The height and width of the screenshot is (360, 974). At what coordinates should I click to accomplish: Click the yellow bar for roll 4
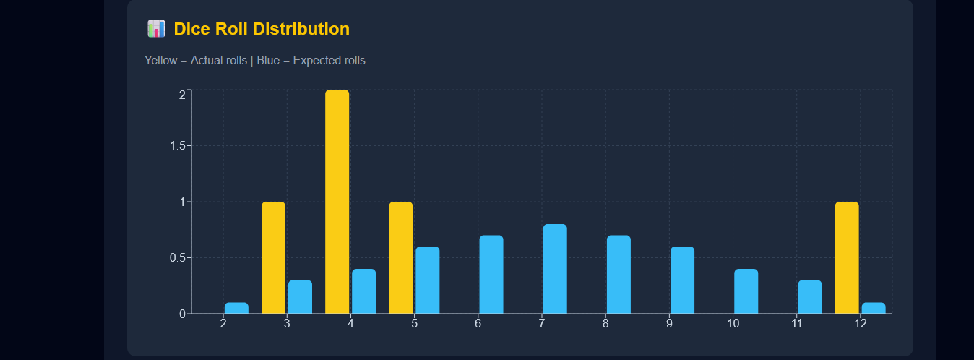click(x=337, y=202)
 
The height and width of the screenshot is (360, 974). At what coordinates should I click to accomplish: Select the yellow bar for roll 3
click(x=273, y=257)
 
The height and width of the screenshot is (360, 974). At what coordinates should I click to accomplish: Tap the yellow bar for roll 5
click(x=400, y=257)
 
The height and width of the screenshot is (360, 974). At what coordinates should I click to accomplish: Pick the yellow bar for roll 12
click(x=846, y=257)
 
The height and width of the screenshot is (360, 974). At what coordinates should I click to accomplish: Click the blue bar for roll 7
click(x=555, y=269)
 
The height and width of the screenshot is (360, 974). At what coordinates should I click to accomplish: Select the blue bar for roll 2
click(x=236, y=308)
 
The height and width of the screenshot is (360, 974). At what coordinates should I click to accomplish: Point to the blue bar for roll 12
click(x=873, y=308)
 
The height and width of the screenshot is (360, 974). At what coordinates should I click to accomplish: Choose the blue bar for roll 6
click(x=491, y=275)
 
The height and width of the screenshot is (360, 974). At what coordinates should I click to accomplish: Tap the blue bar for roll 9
click(x=682, y=280)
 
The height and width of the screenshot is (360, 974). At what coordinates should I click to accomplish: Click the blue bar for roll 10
click(x=746, y=291)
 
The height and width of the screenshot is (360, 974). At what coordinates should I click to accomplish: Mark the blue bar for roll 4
click(x=363, y=291)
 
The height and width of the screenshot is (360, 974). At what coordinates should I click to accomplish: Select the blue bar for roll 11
click(x=809, y=297)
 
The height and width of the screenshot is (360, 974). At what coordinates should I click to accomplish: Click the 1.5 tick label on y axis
click(x=176, y=146)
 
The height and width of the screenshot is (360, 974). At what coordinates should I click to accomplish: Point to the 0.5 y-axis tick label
click(x=176, y=258)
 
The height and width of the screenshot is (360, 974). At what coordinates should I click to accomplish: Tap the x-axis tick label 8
click(x=605, y=324)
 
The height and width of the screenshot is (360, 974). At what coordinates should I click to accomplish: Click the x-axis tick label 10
click(x=733, y=324)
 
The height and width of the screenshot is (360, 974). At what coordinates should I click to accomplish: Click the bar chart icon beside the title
click(x=156, y=29)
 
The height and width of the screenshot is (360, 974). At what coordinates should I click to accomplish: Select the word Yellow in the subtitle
click(x=160, y=61)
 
